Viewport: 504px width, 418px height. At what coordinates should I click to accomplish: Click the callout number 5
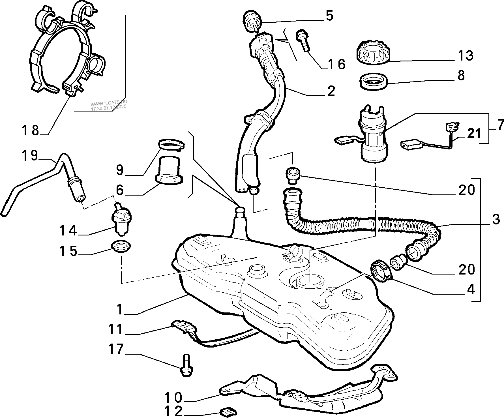329,16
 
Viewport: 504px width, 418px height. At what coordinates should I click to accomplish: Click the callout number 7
500,124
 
